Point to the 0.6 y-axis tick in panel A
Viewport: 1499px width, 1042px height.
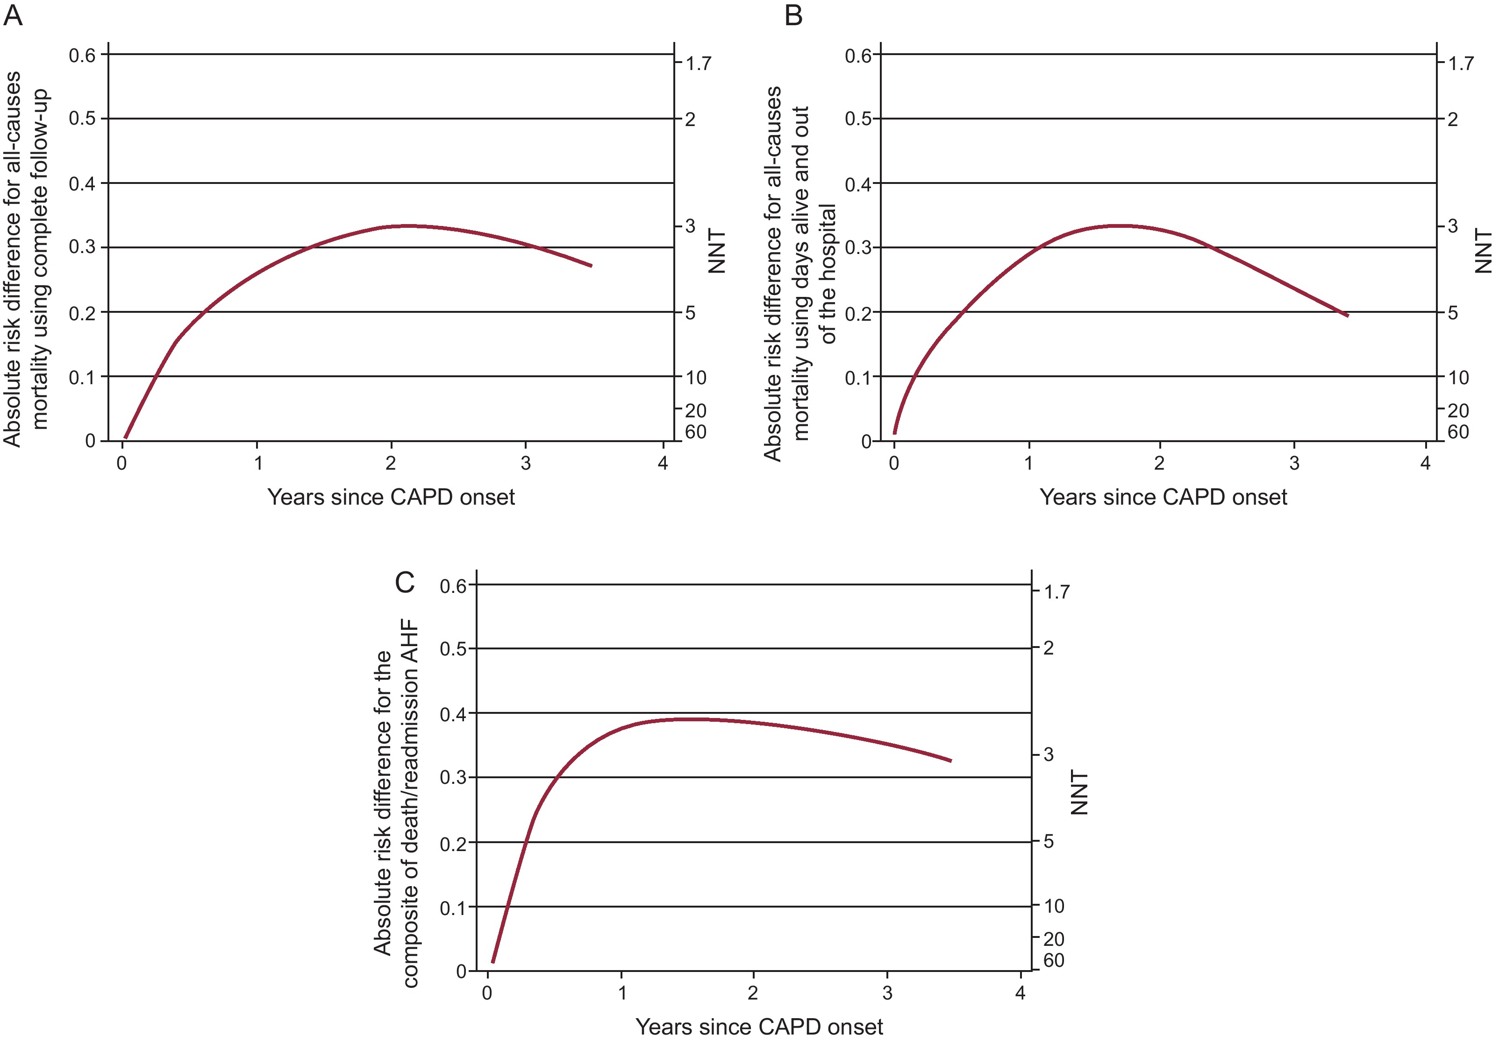[x=82, y=56]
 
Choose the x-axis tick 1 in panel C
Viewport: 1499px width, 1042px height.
[x=622, y=993]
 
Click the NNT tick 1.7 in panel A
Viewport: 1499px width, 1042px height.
[x=699, y=64]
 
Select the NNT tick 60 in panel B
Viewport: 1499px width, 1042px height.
[x=1458, y=432]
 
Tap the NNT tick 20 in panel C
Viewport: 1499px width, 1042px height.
[x=1054, y=939]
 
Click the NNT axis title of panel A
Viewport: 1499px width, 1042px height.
[x=717, y=251]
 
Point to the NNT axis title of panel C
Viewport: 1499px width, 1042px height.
[x=1079, y=793]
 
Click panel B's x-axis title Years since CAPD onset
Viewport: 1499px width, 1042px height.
[x=1163, y=497]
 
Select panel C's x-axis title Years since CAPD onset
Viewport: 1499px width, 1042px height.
[x=759, y=1027]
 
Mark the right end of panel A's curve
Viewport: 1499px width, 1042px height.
[x=591, y=266]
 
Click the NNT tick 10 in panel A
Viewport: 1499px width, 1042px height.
[x=696, y=378]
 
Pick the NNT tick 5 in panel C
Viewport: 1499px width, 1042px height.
[x=1049, y=842]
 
